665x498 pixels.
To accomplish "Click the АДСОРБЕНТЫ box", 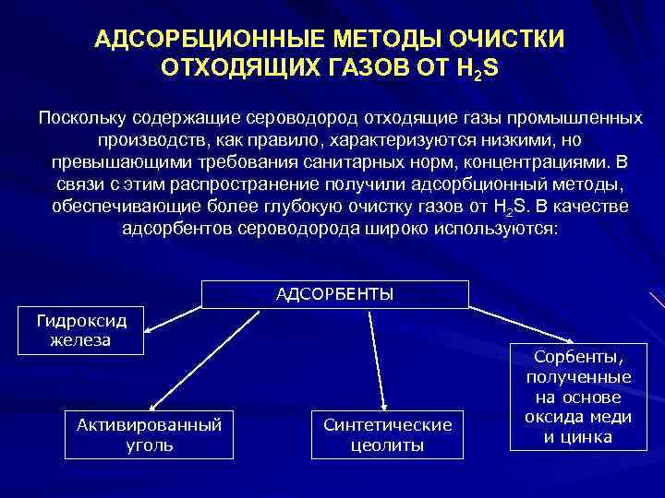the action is pyautogui.click(x=334, y=294).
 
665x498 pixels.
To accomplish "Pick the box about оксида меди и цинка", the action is pyautogui.click(x=577, y=397).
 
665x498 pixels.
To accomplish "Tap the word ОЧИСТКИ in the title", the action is pyautogui.click(x=509, y=42).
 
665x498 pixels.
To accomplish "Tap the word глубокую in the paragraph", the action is pyautogui.click(x=319, y=206).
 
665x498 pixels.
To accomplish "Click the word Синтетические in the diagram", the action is pyautogui.click(x=388, y=424).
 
